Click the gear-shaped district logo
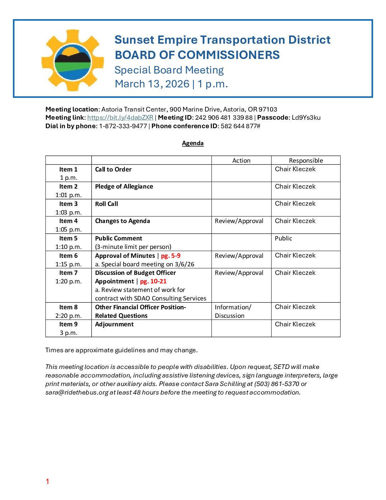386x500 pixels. [73, 60]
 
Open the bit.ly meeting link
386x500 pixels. [120, 118]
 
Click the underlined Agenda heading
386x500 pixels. [193, 143]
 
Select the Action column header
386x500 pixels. [241, 161]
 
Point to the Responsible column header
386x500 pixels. [306, 161]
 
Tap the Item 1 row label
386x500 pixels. [68, 169]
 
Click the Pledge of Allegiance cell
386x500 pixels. [124, 186]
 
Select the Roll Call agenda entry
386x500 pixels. [106, 204]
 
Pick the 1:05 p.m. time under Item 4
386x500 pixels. [68, 229]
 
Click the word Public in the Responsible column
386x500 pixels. [283, 238]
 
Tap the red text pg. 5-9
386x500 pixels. [171, 256]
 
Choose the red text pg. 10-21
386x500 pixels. [153, 281]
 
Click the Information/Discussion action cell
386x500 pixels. [233, 311]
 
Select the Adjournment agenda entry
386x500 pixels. [114, 324]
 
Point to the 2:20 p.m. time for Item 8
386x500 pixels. [68, 316]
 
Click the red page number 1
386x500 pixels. [47, 482]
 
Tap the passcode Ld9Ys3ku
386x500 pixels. [306, 118]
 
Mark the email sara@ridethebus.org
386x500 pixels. [77, 392]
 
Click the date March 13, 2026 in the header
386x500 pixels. [152, 84]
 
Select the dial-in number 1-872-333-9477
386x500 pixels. [123, 126]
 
